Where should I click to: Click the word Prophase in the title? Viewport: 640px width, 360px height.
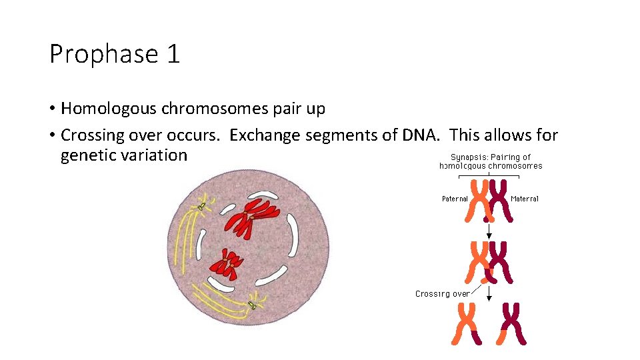point(99,54)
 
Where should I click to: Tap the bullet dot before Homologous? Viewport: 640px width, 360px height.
point(52,109)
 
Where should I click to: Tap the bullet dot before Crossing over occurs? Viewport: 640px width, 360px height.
point(52,136)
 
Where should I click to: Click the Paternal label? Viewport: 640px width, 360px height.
point(455,199)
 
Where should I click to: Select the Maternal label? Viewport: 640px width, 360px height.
point(525,199)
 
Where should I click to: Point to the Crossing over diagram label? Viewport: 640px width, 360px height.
point(442,293)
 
